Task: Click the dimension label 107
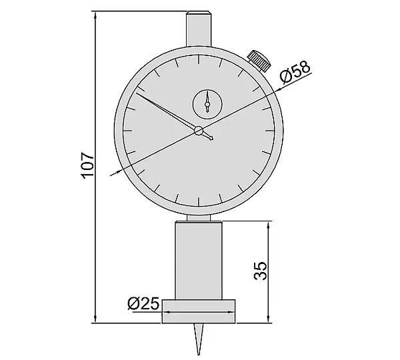(87, 165)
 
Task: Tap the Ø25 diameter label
(143, 303)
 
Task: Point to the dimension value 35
(261, 271)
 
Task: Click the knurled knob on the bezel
(259, 61)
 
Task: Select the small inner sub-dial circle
(207, 104)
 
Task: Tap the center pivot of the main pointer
(199, 131)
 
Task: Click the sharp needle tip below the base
(199, 355)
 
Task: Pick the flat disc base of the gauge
(199, 311)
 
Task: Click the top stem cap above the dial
(199, 29)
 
